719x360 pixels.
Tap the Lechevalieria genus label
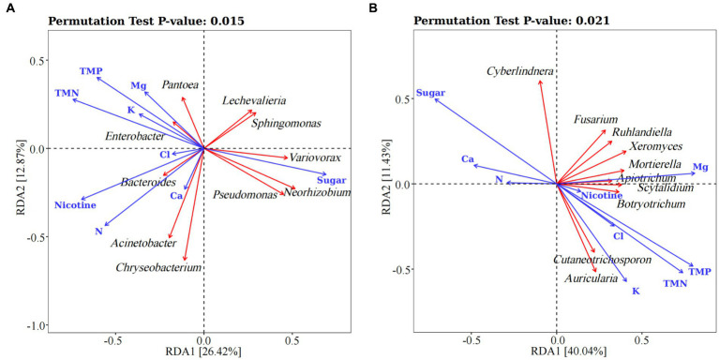pyautogui.click(x=254, y=101)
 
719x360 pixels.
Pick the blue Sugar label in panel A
pyautogui.click(x=332, y=179)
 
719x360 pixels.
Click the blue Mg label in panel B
pyautogui.click(x=699, y=167)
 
